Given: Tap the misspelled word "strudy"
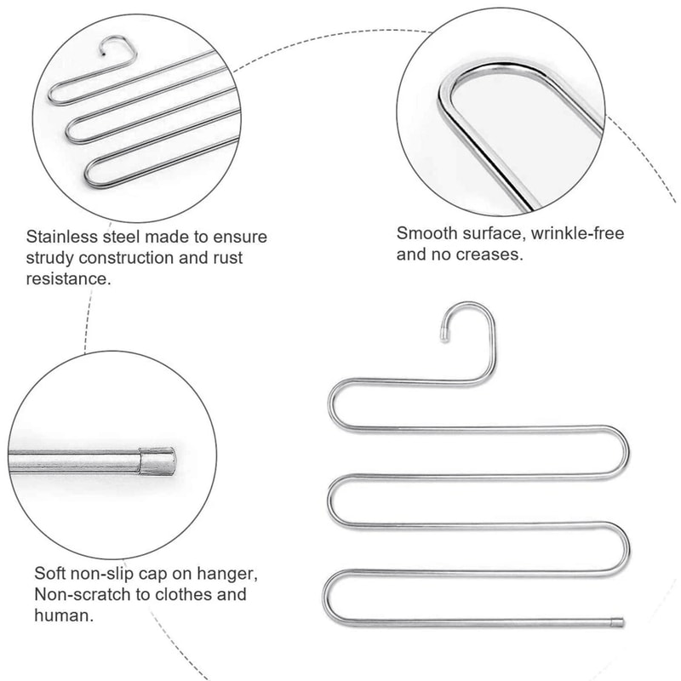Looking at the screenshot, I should click(x=50, y=257).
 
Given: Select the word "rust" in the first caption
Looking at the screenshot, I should click(x=241, y=257).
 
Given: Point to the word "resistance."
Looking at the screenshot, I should click(x=69, y=278).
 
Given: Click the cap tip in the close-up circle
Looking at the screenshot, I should click(x=159, y=461).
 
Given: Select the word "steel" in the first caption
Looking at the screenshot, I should click(x=127, y=236).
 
